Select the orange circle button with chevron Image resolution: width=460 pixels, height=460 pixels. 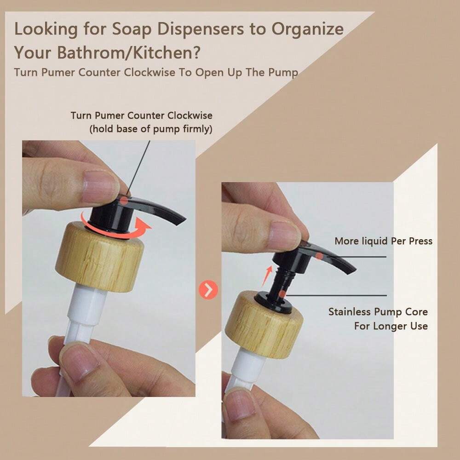point(208,290)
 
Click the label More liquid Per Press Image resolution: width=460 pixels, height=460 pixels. point(383,241)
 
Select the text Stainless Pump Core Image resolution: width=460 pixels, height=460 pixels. point(378,312)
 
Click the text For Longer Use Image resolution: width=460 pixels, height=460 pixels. point(391,326)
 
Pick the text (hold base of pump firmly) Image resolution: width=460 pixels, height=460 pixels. point(150,129)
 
